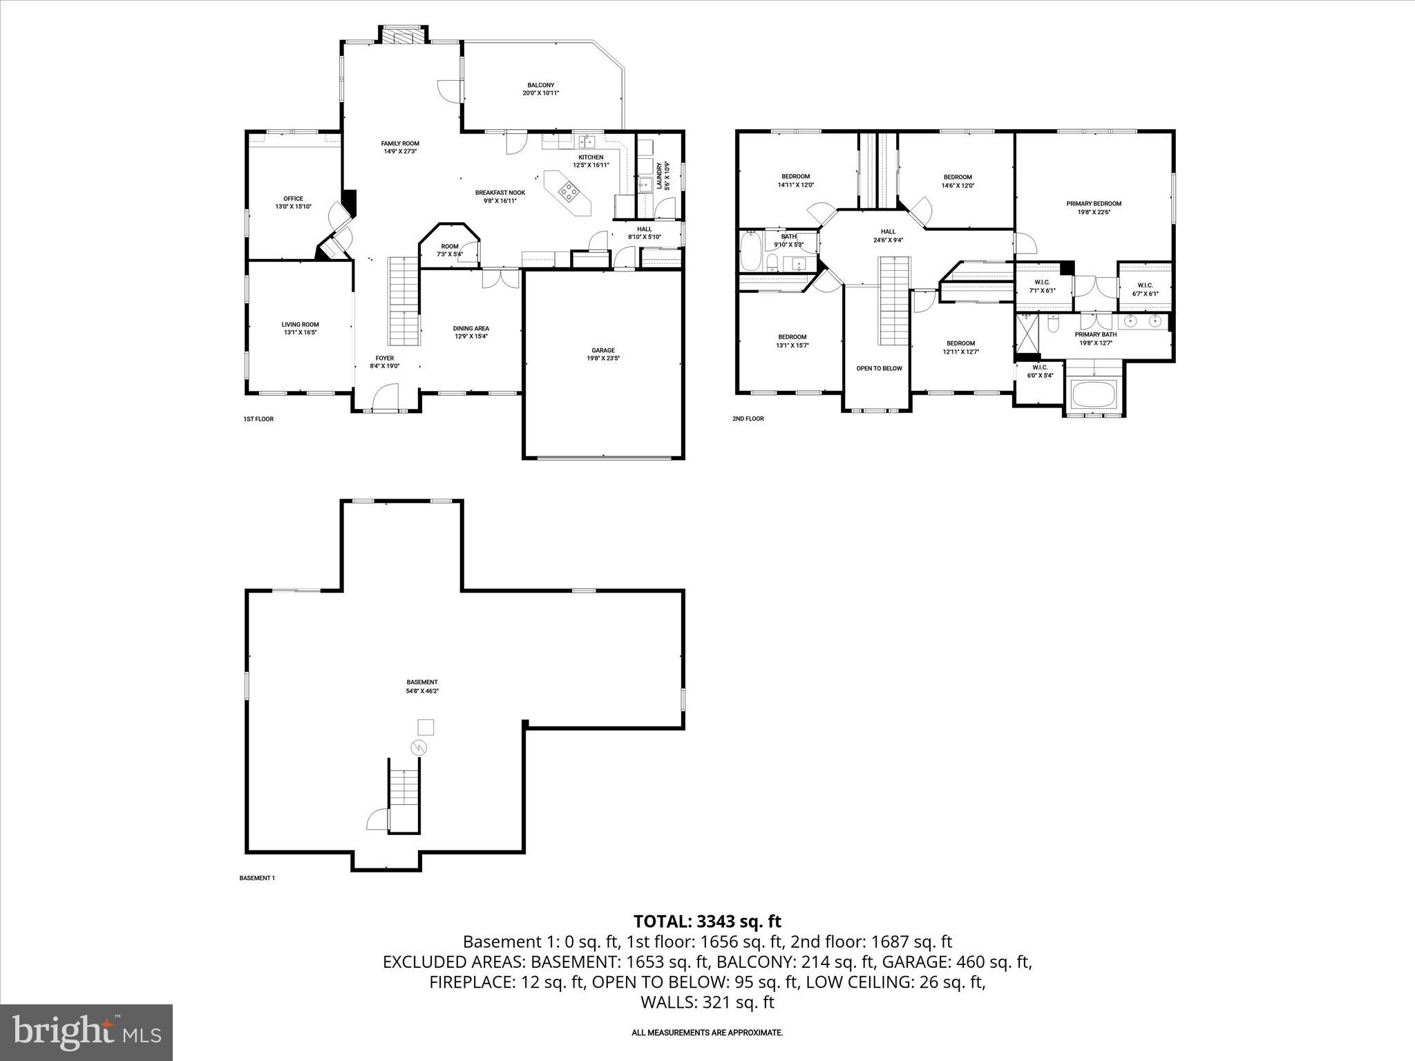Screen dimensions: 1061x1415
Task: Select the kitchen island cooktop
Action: pos(569,191)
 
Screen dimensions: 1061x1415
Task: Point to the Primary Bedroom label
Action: pos(1094,208)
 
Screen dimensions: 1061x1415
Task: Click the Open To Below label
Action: pos(879,368)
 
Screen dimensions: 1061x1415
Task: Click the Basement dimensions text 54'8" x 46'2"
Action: pos(422,691)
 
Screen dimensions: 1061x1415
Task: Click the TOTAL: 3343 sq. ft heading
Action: pos(707,921)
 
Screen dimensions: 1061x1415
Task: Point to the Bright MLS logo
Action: pos(86,1032)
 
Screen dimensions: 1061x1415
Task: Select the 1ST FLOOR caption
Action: pos(258,419)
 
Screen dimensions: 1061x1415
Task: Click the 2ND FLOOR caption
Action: pos(748,419)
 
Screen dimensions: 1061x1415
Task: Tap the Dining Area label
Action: pos(471,332)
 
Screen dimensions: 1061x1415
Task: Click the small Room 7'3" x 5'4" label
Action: pos(450,250)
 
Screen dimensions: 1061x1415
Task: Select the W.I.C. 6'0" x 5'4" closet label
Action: pos(1040,372)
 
